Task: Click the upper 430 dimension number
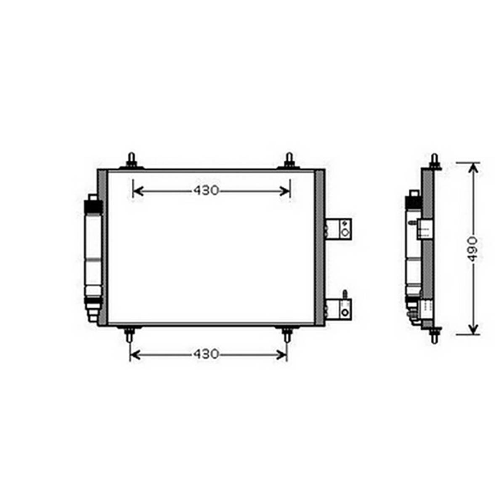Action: coord(206,191)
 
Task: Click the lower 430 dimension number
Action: coord(206,354)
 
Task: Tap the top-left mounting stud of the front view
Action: coord(131,160)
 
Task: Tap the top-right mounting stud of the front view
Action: coord(289,160)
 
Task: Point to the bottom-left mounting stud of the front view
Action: coord(129,334)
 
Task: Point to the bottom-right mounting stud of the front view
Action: coord(287,334)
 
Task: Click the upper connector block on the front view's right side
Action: coord(339,229)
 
